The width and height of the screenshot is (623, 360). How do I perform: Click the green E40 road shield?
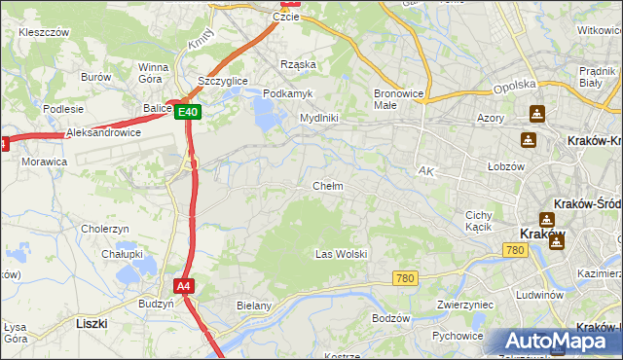(x=190, y=113)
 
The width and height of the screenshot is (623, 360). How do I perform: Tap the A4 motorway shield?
(x=184, y=286)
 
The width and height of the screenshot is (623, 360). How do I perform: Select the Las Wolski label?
(x=341, y=254)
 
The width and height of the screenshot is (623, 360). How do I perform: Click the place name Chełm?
(x=327, y=185)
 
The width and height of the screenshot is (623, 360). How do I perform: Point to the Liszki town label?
(x=90, y=322)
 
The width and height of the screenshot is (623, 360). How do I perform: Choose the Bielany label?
(x=253, y=306)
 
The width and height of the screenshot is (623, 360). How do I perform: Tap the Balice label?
(x=156, y=109)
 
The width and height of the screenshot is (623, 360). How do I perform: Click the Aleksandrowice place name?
(x=103, y=132)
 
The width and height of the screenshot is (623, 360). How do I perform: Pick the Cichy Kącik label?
(x=480, y=221)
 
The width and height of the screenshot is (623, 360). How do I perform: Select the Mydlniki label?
(x=318, y=118)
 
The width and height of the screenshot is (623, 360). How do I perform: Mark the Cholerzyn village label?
(x=105, y=229)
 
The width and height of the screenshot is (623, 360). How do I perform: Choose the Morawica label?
(x=45, y=161)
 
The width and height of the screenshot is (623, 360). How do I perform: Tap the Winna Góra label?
(x=154, y=73)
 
